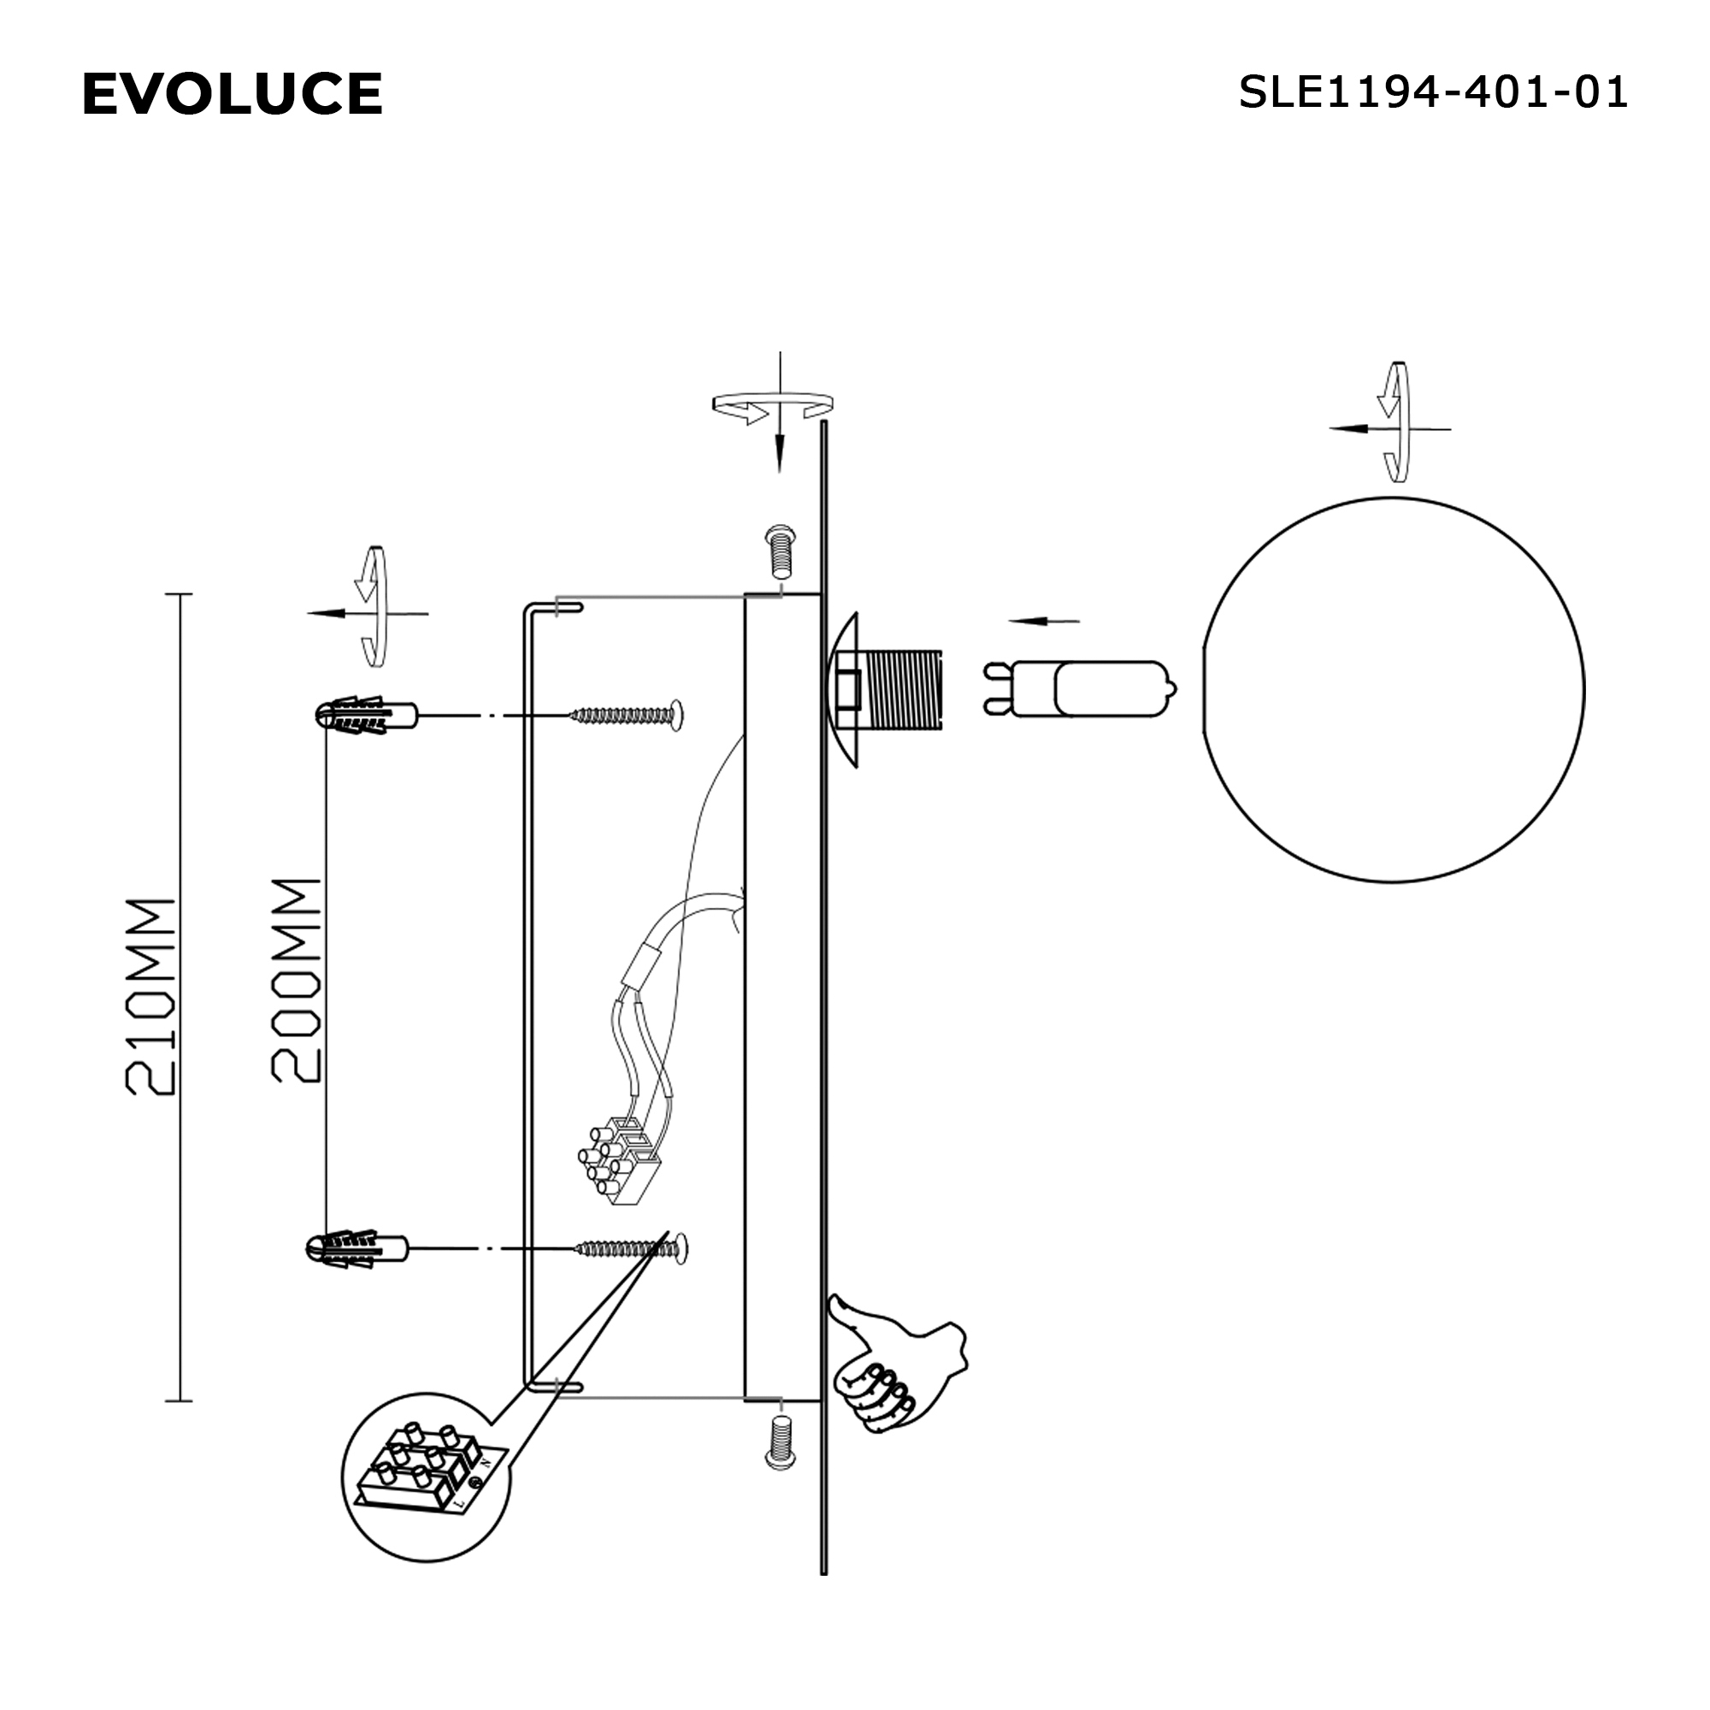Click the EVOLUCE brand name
click(232, 94)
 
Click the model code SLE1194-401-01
click(1432, 92)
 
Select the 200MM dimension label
click(295, 981)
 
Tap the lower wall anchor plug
click(357, 1249)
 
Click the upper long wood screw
click(628, 714)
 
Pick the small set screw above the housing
click(779, 551)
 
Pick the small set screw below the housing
click(779, 1442)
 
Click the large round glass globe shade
click(1393, 691)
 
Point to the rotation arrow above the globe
click(1395, 422)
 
